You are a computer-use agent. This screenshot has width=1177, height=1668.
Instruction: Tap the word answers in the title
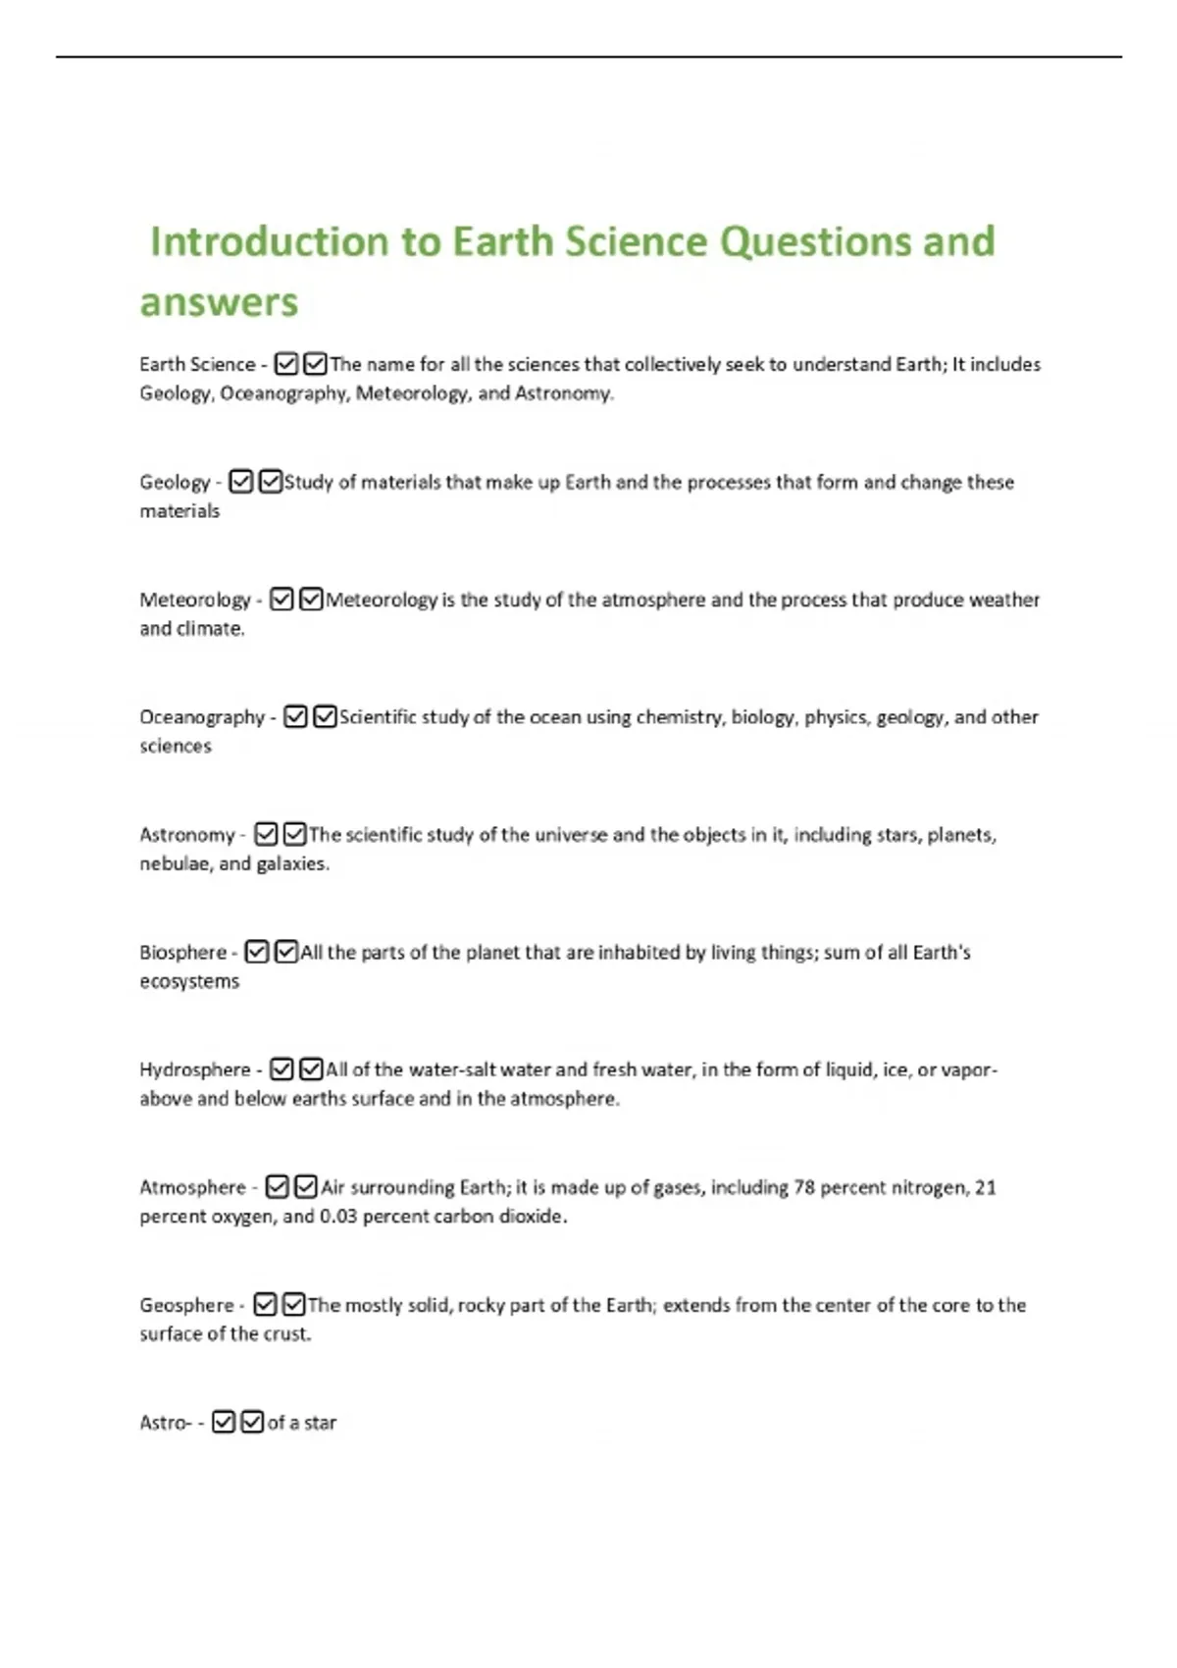219,302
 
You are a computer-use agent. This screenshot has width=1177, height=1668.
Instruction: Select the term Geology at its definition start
175,482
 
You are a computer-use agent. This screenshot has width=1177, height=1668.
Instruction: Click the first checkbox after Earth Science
285,364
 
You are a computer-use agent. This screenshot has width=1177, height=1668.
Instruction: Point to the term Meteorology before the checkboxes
195,599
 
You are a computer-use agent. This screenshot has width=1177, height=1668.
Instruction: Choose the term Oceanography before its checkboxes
202,717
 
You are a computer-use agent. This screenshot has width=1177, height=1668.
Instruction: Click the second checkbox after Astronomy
294,834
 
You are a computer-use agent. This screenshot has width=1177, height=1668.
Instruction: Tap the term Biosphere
182,952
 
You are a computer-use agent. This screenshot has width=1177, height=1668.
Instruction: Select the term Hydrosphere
195,1069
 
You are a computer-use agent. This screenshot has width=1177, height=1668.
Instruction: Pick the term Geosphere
186,1305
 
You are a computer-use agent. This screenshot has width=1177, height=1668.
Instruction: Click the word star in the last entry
320,1423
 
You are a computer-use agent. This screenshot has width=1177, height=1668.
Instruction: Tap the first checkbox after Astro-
224,1422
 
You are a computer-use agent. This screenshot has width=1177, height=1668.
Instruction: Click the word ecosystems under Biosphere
189,981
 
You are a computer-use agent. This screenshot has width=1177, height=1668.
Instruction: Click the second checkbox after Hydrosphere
311,1069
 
